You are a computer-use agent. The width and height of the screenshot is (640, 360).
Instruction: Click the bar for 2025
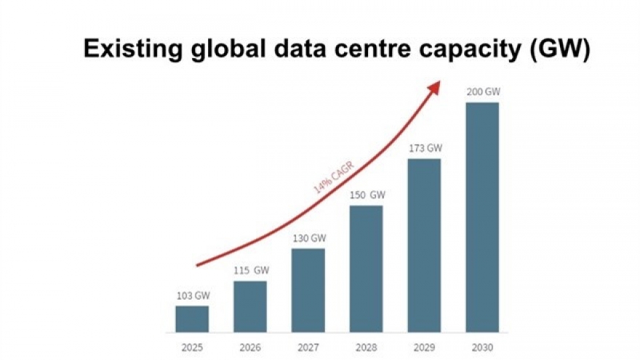click(x=192, y=319)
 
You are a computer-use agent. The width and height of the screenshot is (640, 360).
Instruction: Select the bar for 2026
click(x=249, y=306)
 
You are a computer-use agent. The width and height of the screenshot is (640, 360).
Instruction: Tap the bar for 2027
click(x=308, y=290)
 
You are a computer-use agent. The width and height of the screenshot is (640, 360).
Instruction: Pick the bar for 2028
click(x=366, y=268)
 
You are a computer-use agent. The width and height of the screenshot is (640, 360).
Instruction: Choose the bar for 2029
click(x=424, y=245)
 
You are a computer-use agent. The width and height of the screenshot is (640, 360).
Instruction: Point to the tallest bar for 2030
click(x=481, y=217)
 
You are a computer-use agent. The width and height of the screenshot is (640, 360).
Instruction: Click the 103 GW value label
click(x=192, y=295)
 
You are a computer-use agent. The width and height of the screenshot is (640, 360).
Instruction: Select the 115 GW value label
click(x=249, y=271)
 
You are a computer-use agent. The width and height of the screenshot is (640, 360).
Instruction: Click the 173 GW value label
click(x=424, y=148)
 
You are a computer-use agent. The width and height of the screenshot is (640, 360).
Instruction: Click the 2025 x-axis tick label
click(x=192, y=347)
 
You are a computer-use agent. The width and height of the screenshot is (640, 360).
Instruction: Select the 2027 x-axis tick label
click(x=308, y=347)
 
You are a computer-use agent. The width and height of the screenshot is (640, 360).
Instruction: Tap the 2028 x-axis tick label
click(x=366, y=347)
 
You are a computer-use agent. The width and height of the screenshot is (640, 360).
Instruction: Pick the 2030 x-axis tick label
click(x=481, y=347)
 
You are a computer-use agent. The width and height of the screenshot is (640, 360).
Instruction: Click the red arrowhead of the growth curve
click(x=434, y=87)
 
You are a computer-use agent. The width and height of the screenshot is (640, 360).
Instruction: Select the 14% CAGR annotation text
click(x=334, y=176)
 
